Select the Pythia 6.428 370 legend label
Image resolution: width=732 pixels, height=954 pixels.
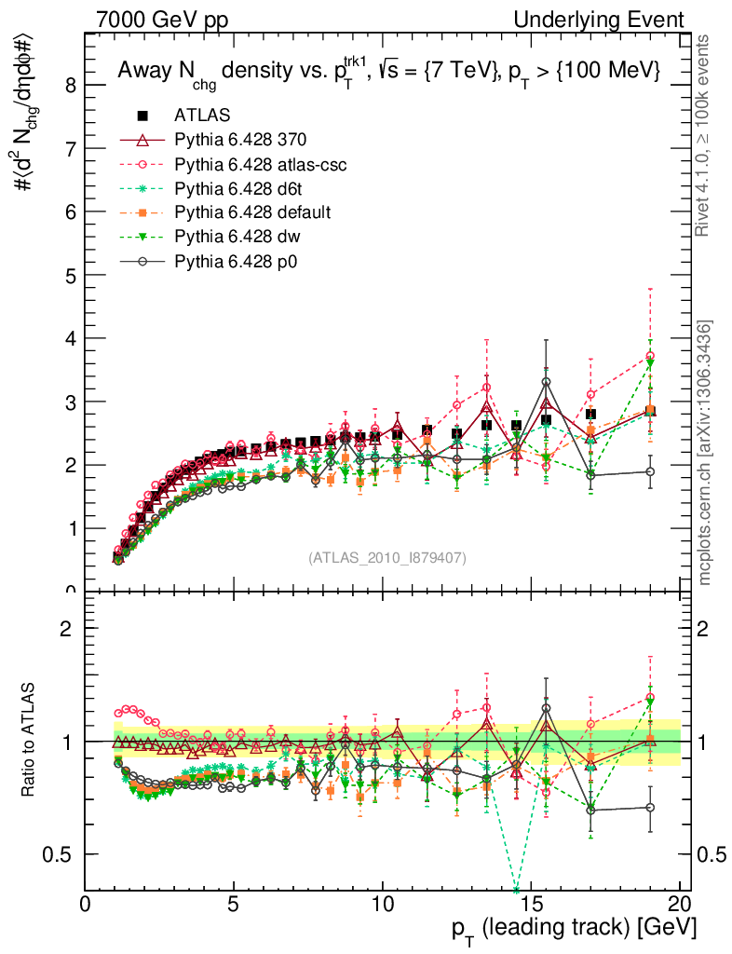240,140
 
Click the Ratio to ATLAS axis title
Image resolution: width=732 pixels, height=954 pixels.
28,740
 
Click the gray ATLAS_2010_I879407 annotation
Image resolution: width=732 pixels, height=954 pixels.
387,557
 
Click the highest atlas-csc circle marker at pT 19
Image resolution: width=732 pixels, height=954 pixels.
650,356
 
